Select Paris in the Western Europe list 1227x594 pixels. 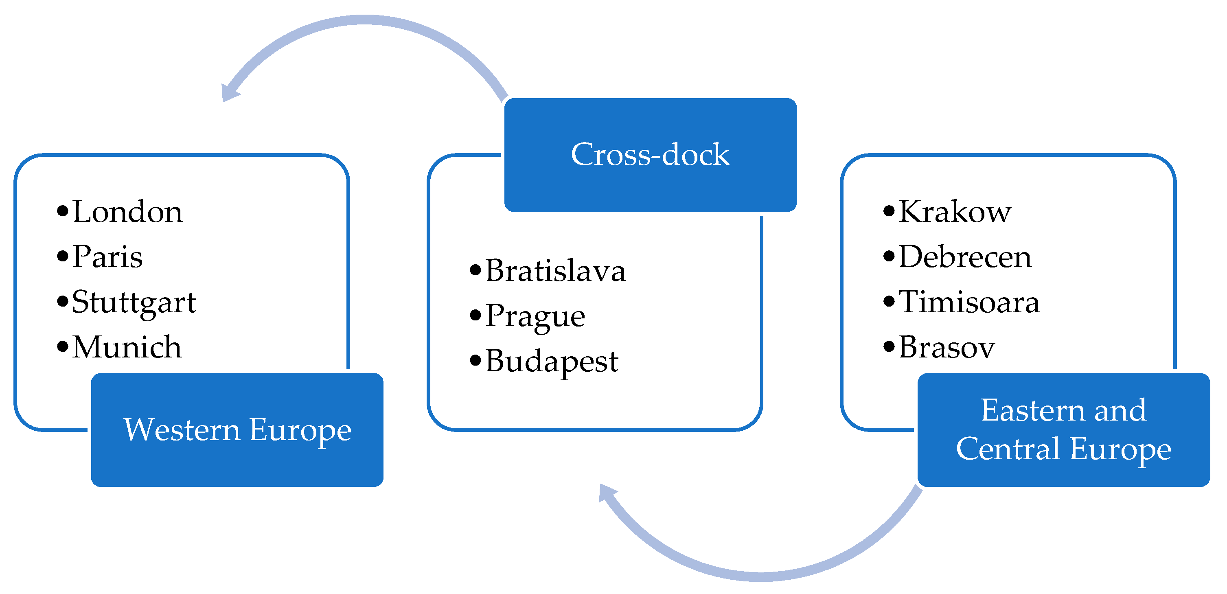107,257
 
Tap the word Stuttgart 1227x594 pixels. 134,302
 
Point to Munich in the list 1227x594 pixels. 127,347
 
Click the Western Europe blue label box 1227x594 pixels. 237,430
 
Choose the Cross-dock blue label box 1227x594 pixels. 650,155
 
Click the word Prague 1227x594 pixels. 535,316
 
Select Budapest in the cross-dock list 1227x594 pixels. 552,361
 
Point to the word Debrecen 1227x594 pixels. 965,257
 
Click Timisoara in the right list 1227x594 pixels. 969,302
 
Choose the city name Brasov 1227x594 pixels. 947,347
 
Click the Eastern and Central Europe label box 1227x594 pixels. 1063,430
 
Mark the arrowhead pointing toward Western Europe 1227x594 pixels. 229,92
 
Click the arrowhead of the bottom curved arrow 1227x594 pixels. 606,493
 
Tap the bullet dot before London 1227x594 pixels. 62,211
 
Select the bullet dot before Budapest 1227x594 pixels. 475,361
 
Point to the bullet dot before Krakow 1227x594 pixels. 889,211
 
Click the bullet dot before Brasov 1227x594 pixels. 889,346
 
